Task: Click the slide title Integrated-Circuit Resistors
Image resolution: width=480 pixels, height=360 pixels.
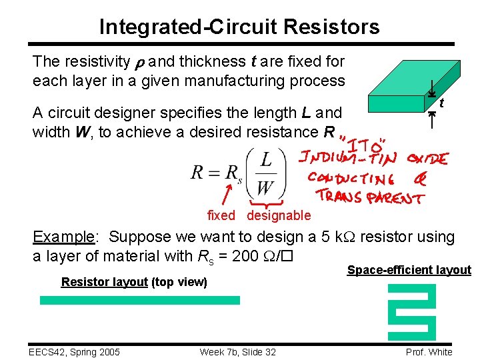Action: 239,27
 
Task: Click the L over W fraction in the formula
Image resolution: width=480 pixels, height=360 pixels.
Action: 265,172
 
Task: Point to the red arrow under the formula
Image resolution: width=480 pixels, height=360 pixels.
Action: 227,197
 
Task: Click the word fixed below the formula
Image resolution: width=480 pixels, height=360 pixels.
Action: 221,215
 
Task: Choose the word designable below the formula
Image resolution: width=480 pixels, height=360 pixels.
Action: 279,215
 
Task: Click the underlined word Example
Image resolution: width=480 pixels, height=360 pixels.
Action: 64,237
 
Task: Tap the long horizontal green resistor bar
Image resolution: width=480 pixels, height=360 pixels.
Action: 140,300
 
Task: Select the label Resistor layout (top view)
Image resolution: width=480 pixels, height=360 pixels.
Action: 134,282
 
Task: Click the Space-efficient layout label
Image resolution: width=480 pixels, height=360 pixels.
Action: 409,270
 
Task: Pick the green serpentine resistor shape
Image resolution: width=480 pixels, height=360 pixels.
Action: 411,312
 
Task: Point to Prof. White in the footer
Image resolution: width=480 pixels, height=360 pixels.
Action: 429,352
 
